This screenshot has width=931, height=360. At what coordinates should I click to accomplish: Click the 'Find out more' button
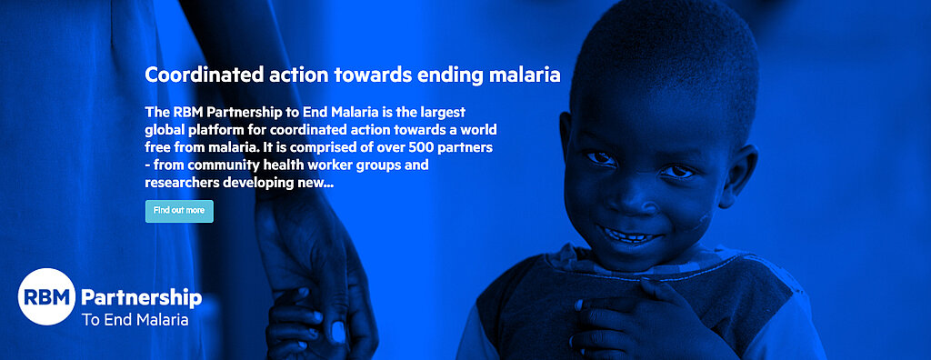pyautogui.click(x=179, y=211)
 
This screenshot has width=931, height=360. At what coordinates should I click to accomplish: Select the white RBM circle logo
pyautogui.click(x=46, y=297)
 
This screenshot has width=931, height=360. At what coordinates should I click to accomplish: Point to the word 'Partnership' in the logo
pyautogui.click(x=141, y=297)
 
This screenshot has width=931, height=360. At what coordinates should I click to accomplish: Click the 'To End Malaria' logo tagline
pyautogui.click(x=135, y=320)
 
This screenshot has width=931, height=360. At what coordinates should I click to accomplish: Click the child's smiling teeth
pyautogui.click(x=631, y=235)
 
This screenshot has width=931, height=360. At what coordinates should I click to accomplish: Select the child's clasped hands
pyautogui.click(x=636, y=314)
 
